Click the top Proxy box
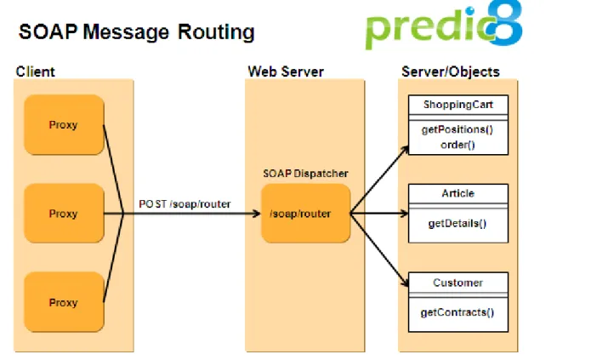[x=64, y=124]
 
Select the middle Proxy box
[x=64, y=214]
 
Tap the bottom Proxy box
[x=64, y=302]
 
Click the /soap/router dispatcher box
[x=305, y=214]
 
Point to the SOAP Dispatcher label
[x=305, y=174]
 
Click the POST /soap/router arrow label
[x=185, y=204]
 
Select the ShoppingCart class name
[x=458, y=105]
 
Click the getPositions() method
[x=457, y=130]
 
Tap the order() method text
[x=457, y=145]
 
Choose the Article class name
[x=458, y=193]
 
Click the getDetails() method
[x=457, y=224]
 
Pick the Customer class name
[x=458, y=283]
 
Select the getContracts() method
[x=457, y=312]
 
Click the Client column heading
[x=36, y=71]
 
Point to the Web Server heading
[x=286, y=71]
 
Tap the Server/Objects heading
[x=451, y=71]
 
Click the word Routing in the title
[x=216, y=32]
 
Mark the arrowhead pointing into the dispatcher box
[x=256, y=214]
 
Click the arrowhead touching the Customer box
[x=405, y=283]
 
